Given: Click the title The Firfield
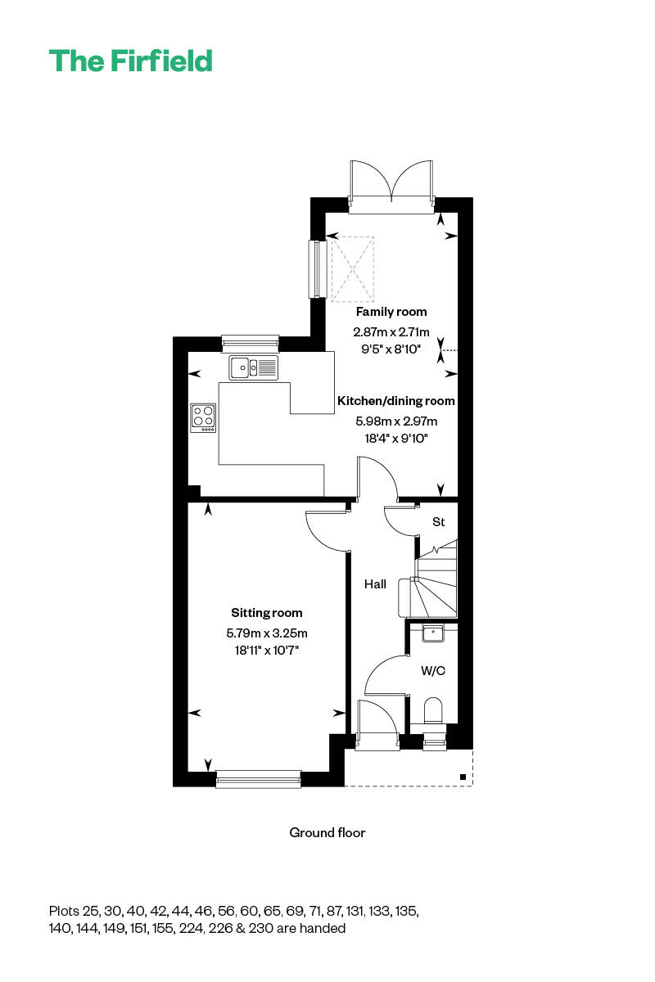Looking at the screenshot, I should pyautogui.click(x=130, y=61).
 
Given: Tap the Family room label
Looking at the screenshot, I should pyautogui.click(x=391, y=312).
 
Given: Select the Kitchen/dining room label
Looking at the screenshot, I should pyautogui.click(x=395, y=401).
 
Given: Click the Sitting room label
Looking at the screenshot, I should pyautogui.click(x=266, y=613).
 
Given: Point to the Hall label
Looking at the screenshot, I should pyautogui.click(x=375, y=584).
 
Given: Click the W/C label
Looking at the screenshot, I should pyautogui.click(x=432, y=671).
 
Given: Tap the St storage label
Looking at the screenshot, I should pyautogui.click(x=438, y=521).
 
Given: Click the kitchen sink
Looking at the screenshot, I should pyautogui.click(x=253, y=367).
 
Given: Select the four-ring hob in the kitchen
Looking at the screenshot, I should pyautogui.click(x=204, y=417).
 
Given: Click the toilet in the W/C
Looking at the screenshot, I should pyautogui.click(x=434, y=709).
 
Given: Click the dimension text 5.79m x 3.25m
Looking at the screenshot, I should pyautogui.click(x=266, y=633).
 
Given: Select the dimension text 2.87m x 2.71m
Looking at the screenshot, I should pyautogui.click(x=391, y=332).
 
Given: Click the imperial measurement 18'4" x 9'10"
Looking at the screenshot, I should pyautogui.click(x=395, y=439).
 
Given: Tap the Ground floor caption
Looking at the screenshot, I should pyautogui.click(x=327, y=832).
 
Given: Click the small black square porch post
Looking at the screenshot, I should pyautogui.click(x=463, y=777).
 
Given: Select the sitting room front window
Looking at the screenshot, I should pyautogui.click(x=258, y=780).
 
